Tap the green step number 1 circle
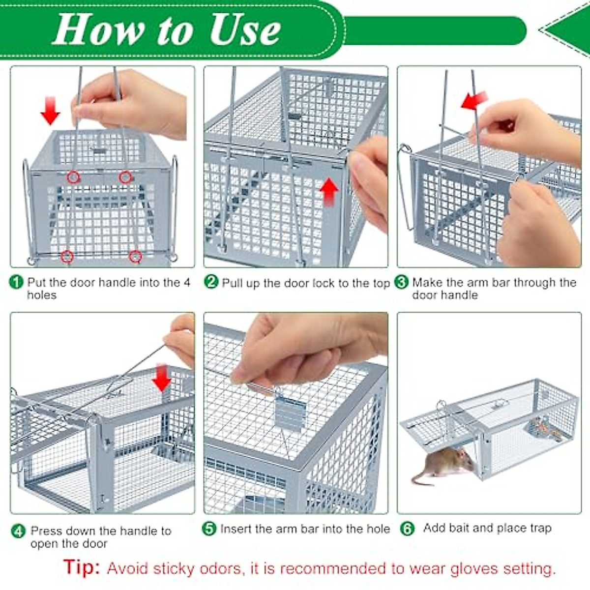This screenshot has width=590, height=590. click(17, 282)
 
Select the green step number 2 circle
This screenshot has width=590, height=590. click(211, 282)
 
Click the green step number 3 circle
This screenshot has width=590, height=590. click(402, 282)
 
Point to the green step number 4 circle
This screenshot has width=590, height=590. click(19, 531)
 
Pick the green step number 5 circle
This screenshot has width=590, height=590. click(209, 529)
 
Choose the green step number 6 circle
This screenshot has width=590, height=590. click(408, 529)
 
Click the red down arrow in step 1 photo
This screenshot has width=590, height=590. click(50, 111)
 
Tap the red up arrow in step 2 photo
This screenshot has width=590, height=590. click(329, 192)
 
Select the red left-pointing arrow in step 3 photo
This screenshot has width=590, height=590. click(474, 100)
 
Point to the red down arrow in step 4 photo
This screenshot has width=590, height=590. click(161, 378)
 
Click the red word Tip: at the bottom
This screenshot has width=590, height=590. click(82, 567)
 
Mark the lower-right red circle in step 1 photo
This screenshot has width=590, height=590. click(135, 256)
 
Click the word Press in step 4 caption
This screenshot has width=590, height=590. click(46, 531)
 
